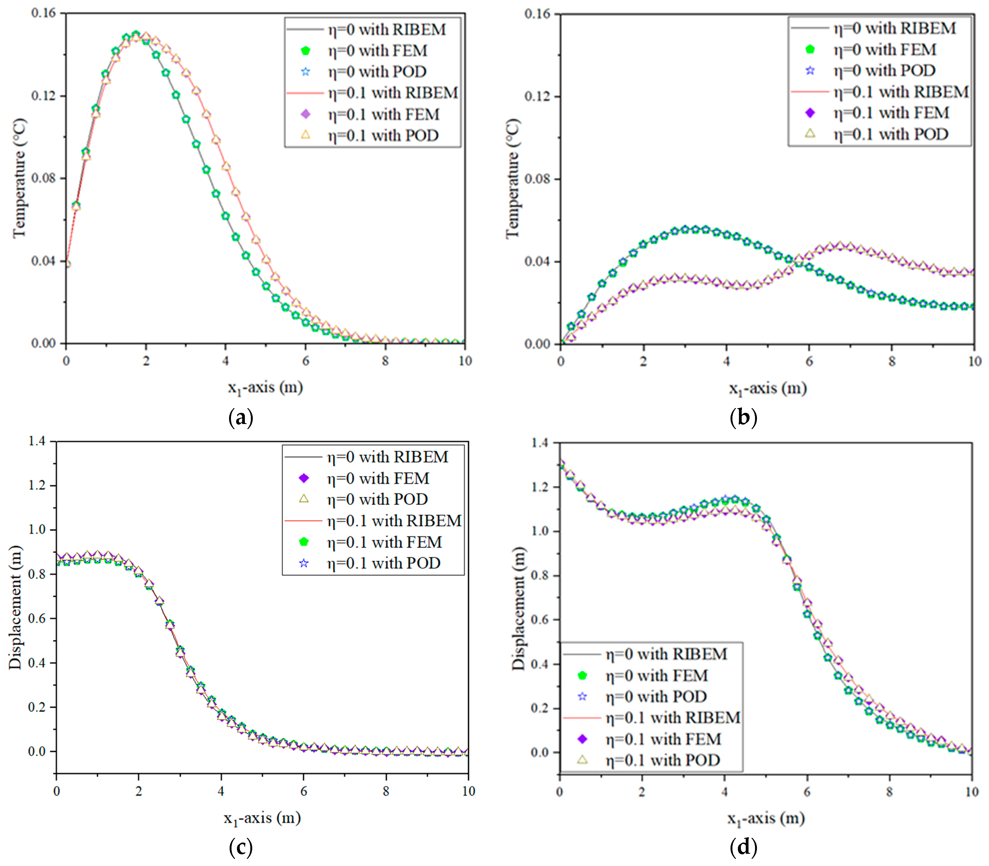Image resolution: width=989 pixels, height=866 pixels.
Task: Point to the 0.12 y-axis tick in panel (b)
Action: tap(537, 96)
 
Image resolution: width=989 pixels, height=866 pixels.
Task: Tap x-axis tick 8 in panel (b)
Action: tap(892, 361)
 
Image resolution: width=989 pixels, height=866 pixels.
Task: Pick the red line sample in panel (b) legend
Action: tap(810, 91)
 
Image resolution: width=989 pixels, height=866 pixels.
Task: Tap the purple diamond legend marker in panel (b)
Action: tap(810, 112)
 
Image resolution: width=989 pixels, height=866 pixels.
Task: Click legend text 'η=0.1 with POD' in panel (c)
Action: tap(383, 563)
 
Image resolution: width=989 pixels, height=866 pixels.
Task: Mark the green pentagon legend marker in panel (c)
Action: tap(304, 542)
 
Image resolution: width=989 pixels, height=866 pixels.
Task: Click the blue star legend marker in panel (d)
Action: tap(582, 696)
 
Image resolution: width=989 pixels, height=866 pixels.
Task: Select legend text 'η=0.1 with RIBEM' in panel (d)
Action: tap(673, 718)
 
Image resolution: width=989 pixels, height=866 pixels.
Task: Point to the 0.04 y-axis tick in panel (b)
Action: tap(537, 261)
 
